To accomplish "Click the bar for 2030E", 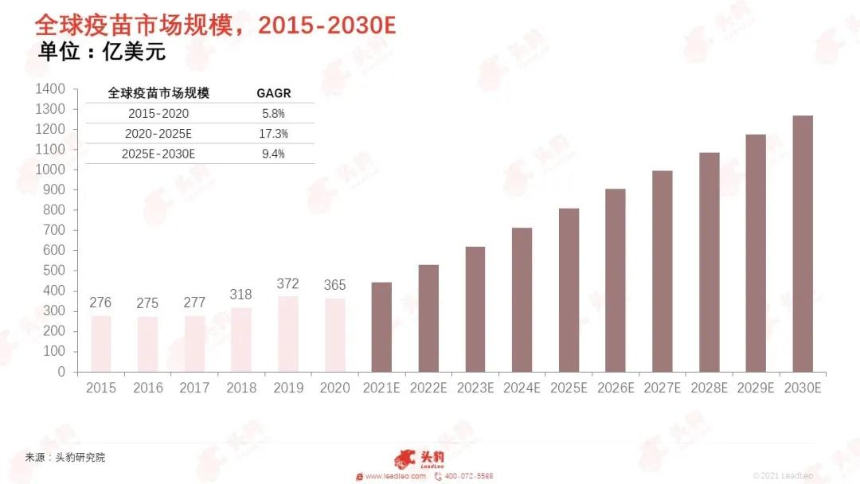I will click(x=803, y=244).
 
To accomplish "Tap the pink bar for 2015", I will click(x=101, y=344).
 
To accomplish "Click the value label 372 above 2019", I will click(x=288, y=283).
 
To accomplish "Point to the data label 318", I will click(x=241, y=295).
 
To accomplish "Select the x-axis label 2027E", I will click(x=663, y=388).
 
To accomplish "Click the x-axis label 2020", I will click(x=334, y=388).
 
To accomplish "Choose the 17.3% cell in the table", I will click(x=273, y=134).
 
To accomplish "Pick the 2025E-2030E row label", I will click(x=159, y=154).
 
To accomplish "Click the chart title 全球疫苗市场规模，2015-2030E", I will click(x=215, y=25).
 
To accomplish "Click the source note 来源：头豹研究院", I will click(x=65, y=458).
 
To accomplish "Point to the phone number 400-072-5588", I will click(x=468, y=476).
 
